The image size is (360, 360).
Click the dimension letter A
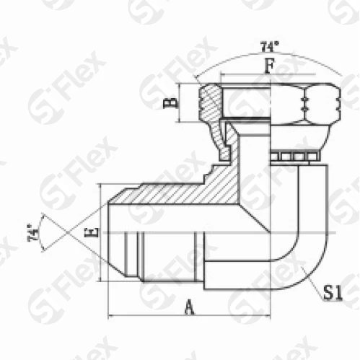tap(190, 307)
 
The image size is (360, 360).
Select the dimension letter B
tap(171, 102)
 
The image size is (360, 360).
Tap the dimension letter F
tap(269, 66)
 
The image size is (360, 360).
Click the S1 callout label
tap(333, 292)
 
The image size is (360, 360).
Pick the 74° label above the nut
tap(270, 47)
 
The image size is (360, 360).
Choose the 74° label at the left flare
tap(33, 232)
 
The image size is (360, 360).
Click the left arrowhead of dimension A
tap(110, 315)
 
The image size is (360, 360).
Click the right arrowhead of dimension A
tap(268, 315)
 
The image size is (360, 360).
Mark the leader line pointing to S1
tap(312, 284)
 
